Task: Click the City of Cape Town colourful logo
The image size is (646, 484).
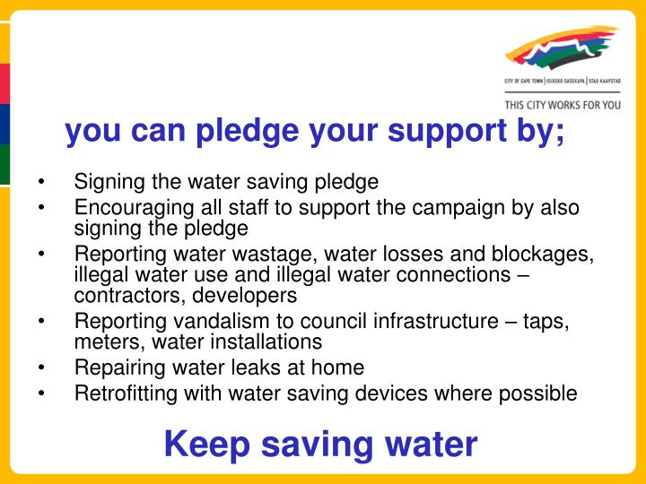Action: point(562,49)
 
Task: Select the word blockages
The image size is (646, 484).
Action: point(546,255)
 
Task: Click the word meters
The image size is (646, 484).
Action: point(101,341)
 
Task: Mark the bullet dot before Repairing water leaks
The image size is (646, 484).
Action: point(42,367)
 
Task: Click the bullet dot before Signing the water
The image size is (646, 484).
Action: point(42,182)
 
